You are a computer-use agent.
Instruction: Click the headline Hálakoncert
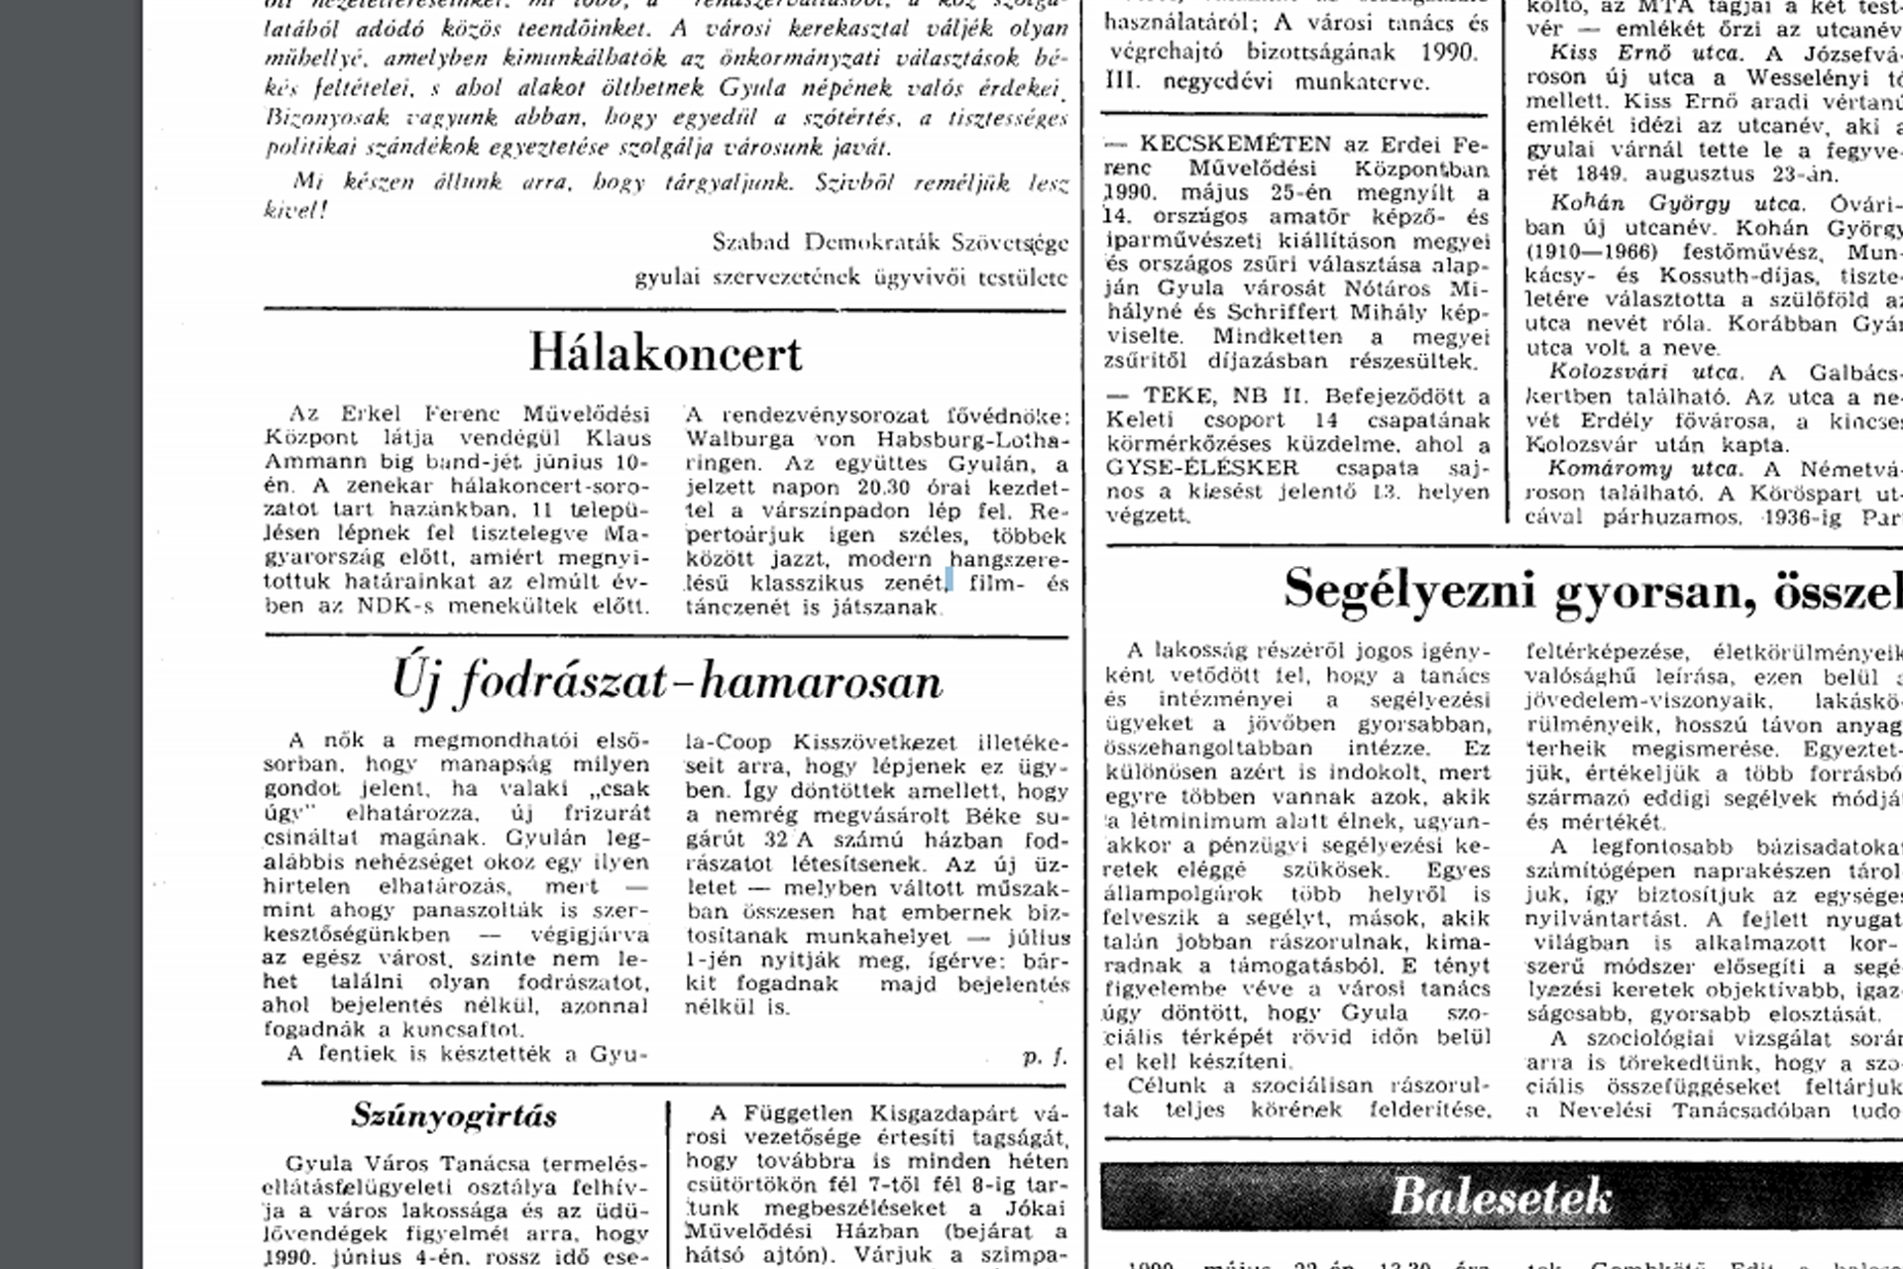point(665,353)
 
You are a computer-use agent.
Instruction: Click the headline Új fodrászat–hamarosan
point(666,682)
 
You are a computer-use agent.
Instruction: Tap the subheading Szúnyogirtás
point(453,1116)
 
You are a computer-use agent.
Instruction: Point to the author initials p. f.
point(1045,1057)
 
